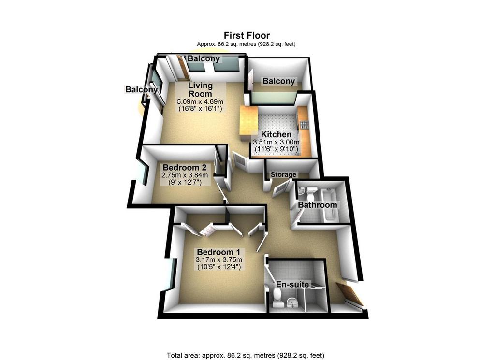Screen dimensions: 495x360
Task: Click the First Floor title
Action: [x=247, y=35]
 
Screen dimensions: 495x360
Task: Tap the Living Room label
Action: [x=201, y=89]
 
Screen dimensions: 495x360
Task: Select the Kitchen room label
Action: [x=276, y=134]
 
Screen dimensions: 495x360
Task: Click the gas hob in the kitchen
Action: [x=304, y=125]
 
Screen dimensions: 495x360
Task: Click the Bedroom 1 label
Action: [x=218, y=252]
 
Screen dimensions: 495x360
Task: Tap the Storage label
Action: [x=283, y=174]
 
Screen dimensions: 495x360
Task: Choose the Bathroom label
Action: [x=317, y=205]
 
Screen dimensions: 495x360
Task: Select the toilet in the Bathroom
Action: [x=312, y=191]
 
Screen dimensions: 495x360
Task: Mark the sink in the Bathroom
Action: [x=300, y=190]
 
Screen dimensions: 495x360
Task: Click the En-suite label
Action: [x=292, y=284]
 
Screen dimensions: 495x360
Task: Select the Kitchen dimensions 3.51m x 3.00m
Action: [x=276, y=142]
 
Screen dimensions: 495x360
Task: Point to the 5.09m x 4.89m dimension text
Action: [x=200, y=101]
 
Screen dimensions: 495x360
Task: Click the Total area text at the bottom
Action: [x=245, y=355]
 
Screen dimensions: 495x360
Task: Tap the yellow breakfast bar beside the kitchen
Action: [x=248, y=124]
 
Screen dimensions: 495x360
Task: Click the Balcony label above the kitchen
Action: [x=279, y=81]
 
